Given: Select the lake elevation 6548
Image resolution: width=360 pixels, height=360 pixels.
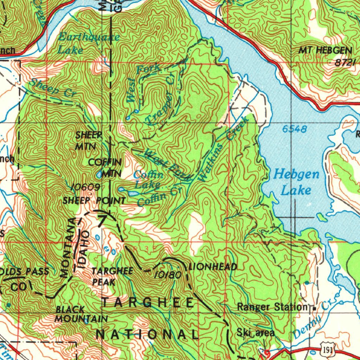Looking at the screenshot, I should click(x=294, y=129).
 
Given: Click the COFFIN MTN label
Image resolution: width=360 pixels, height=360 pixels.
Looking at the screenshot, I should click(x=105, y=168).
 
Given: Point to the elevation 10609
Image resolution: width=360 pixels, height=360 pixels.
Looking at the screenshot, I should click(x=86, y=187).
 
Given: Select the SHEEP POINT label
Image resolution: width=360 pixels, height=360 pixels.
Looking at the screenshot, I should click(x=94, y=201).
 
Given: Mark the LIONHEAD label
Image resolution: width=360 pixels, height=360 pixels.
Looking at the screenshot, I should click(x=213, y=267).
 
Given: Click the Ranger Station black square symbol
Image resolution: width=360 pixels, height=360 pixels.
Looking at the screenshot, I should click(x=314, y=308).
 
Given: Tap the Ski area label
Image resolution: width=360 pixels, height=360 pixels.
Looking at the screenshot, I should click(x=256, y=332).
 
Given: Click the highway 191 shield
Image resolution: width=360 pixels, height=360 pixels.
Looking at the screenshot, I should click(x=328, y=350).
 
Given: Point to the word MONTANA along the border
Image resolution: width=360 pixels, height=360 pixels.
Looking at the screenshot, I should click(x=68, y=248).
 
